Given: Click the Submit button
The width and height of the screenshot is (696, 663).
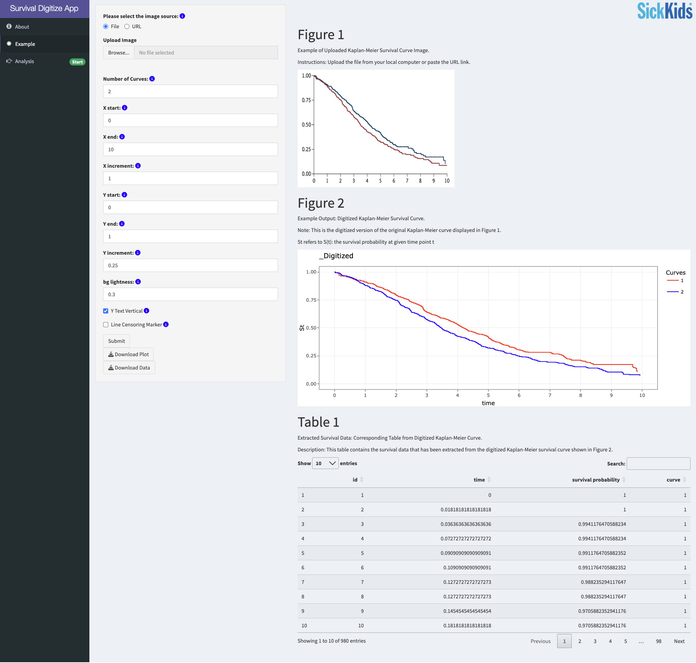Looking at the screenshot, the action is [x=116, y=341].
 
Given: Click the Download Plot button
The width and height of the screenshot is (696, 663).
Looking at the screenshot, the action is [x=128, y=354].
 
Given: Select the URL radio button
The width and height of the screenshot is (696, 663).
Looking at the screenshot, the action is [x=127, y=27].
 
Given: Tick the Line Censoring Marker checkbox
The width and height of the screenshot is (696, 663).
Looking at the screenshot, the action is [x=105, y=324].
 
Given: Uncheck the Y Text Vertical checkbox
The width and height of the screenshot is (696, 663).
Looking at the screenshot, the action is [x=105, y=311].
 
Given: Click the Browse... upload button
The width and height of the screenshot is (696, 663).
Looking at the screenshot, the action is [x=118, y=53].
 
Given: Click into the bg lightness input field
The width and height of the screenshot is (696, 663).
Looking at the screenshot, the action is [x=190, y=294].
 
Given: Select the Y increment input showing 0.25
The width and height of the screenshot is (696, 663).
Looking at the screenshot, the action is [x=190, y=265].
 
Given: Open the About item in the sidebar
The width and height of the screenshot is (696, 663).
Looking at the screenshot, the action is [x=22, y=27].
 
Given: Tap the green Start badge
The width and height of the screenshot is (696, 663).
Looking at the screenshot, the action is [x=77, y=62].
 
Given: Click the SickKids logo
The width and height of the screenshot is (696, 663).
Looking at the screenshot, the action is [x=665, y=11].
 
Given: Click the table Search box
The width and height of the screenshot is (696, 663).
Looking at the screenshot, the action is [x=658, y=464].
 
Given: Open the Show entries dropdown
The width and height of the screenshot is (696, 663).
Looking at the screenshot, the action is [x=325, y=463].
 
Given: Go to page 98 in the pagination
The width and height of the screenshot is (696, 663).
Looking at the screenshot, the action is [x=658, y=641].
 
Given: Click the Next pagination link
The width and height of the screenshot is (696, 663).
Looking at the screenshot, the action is [x=679, y=641].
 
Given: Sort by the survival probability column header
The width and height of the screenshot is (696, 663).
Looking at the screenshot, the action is [x=596, y=480].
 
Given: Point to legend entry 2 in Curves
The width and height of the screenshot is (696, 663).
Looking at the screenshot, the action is [x=675, y=292].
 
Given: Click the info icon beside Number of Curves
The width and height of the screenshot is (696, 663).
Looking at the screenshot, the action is [x=152, y=79].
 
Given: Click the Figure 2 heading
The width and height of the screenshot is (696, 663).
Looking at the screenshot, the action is [x=321, y=203].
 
